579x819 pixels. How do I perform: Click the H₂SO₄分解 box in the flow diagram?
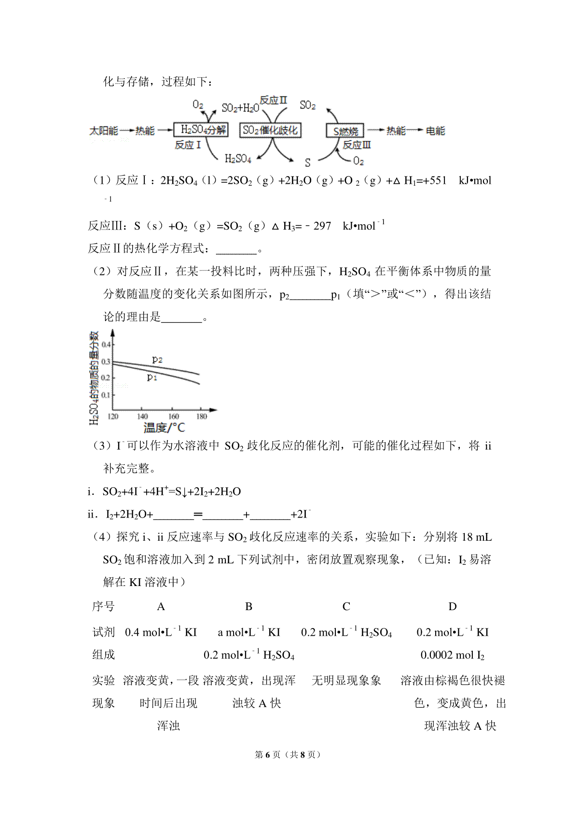pyautogui.click(x=200, y=130)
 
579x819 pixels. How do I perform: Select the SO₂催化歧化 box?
pyautogui.click(x=270, y=130)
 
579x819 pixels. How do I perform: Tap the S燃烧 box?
pyautogui.click(x=345, y=131)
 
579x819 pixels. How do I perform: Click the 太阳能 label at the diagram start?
pyautogui.click(x=103, y=131)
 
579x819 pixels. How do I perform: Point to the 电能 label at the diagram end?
pyautogui.click(x=435, y=131)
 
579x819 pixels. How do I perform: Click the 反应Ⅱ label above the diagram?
pyautogui.click(x=273, y=100)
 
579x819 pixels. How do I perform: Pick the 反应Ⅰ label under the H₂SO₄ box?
pyautogui.click(x=187, y=145)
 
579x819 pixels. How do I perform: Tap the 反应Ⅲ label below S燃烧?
pyautogui.click(x=357, y=145)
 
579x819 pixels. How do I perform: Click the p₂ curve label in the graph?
pyautogui.click(x=157, y=359)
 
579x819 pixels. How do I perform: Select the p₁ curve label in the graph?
pyautogui.click(x=152, y=377)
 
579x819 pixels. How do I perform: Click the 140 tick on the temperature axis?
pyautogui.click(x=142, y=416)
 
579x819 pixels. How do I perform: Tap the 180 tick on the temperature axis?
pyautogui.click(x=201, y=416)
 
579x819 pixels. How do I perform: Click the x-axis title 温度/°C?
pyautogui.click(x=164, y=428)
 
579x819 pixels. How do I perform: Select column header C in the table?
pyautogui.click(x=346, y=607)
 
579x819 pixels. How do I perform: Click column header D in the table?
pyautogui.click(x=452, y=607)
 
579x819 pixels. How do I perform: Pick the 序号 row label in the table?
pyautogui.click(x=103, y=607)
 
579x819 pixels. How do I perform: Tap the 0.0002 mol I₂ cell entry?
pyautogui.click(x=452, y=655)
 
